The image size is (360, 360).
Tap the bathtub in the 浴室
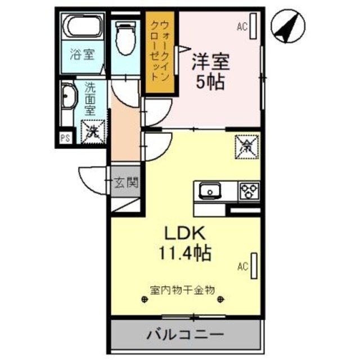pyautogui.click(x=82, y=28)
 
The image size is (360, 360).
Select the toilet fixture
pyautogui.click(x=124, y=37)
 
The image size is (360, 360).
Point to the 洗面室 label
pyautogui.click(x=90, y=98)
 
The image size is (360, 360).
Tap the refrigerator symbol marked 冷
pyautogui.click(x=247, y=147)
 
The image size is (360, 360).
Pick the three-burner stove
pyautogui.click(x=249, y=191)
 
